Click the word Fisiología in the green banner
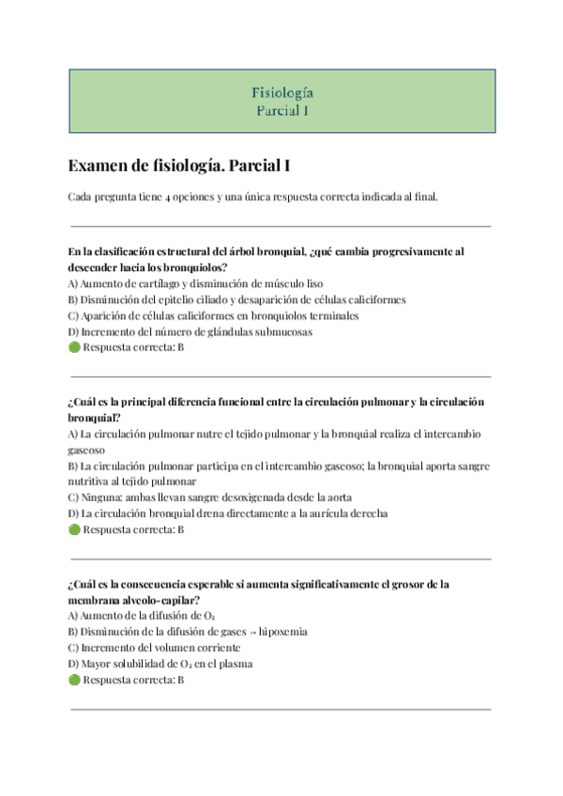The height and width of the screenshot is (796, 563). (282, 92)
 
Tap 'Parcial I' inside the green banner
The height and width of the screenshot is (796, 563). (282, 110)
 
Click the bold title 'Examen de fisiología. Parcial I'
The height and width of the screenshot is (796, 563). (179, 166)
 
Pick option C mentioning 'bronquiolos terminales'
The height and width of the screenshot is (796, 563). (214, 315)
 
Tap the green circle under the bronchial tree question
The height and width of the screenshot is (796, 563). (75, 347)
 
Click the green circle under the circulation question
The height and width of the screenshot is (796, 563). (75, 529)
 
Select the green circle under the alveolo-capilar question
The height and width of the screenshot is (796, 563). (75, 680)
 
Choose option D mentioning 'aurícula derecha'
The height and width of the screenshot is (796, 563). (228, 513)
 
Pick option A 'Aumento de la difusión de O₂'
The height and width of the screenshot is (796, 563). (143, 615)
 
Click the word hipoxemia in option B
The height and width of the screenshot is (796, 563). (281, 632)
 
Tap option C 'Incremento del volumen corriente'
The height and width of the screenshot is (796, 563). (154, 648)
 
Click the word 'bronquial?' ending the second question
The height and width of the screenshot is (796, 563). (93, 418)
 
